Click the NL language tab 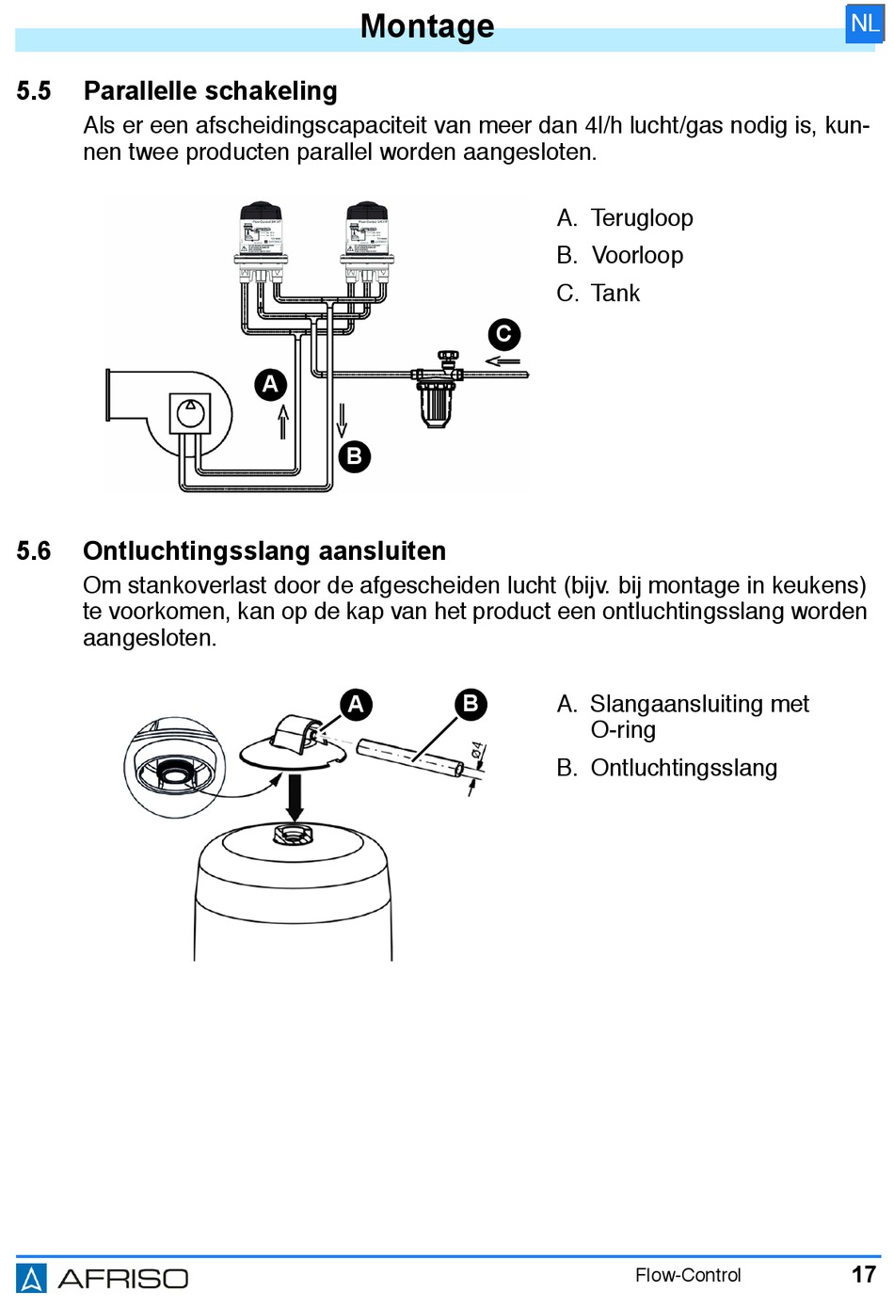(864, 24)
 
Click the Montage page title (427, 26)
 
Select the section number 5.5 (34, 91)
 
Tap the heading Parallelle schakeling (210, 91)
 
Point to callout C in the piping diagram (503, 334)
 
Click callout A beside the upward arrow (270, 384)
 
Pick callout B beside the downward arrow (354, 456)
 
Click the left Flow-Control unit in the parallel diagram (261, 240)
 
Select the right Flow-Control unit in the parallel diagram (366, 240)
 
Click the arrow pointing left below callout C (503, 361)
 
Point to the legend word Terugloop (642, 218)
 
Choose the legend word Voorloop (637, 256)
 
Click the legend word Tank (615, 294)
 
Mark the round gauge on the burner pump (190, 413)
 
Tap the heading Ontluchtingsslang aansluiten (264, 551)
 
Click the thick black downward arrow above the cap (295, 796)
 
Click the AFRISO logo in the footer (103, 1278)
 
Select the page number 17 (863, 1275)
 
